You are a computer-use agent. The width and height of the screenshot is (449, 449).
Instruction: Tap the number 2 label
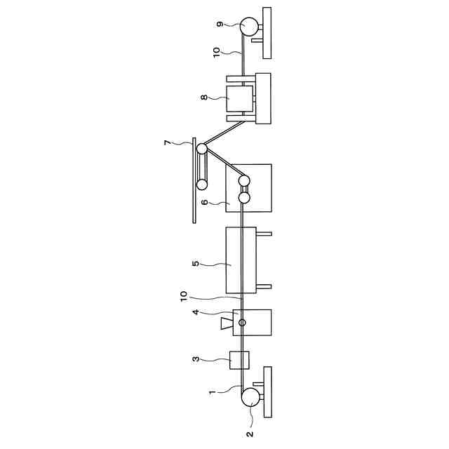point(250,434)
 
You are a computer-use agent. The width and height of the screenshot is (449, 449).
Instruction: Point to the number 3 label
point(196,359)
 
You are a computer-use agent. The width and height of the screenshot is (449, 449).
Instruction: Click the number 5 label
point(196,264)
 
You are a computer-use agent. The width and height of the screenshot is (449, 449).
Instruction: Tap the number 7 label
point(167,144)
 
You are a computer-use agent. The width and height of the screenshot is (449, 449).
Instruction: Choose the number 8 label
point(203,98)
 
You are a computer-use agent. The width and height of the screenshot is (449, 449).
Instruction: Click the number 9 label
point(219,25)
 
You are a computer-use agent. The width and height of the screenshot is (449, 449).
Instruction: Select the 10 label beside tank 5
point(183,297)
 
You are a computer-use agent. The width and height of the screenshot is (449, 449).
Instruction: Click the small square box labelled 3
point(240,360)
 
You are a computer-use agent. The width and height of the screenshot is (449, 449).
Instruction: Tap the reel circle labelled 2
point(248,398)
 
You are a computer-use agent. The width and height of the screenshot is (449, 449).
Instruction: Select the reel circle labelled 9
point(248,26)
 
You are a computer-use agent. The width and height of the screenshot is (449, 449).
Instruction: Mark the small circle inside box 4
point(243,323)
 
